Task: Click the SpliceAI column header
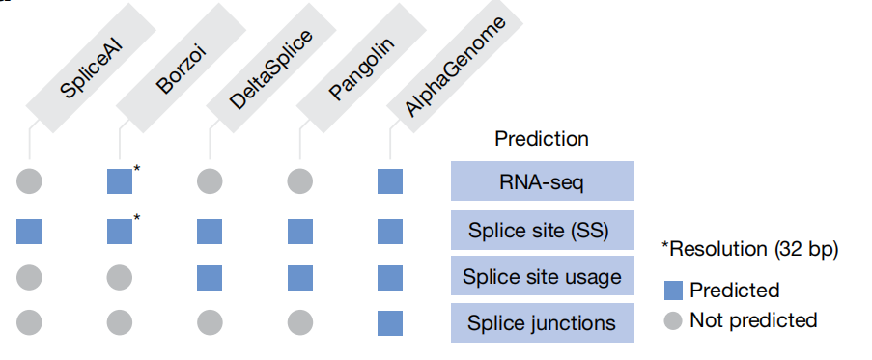pos(91,68)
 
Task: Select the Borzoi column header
pos(181,68)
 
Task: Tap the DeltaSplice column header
pos(270,68)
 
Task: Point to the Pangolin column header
pos(361,68)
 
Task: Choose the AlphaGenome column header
pos(455,68)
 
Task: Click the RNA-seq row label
pos(542,181)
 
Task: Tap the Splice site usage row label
pos(542,276)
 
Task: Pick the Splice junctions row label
pos(542,322)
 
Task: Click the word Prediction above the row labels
pos(542,138)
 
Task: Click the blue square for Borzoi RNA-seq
pos(120,181)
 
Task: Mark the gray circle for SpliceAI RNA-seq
pos(30,181)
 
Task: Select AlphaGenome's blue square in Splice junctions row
pos(390,323)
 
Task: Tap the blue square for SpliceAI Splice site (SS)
pos(29,232)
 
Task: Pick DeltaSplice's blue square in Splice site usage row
pos(210,278)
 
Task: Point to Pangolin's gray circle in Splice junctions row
pos(299,322)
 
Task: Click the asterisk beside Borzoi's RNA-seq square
pos(137,168)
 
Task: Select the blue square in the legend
pos(673,291)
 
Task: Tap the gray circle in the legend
pos(673,320)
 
